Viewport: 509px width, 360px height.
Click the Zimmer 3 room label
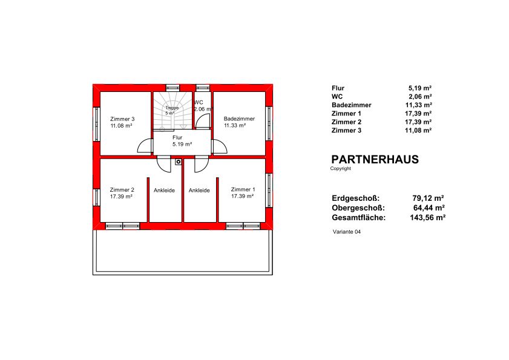122,119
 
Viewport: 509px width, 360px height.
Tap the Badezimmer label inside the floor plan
239,119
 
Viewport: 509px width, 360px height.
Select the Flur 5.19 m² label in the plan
182,141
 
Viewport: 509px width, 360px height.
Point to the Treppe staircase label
172,108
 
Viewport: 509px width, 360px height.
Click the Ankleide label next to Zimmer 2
164,190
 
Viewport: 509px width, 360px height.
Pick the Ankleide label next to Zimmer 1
199,190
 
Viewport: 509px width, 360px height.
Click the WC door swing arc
203,121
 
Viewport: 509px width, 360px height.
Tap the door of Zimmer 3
145,146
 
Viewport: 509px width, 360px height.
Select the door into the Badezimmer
220,146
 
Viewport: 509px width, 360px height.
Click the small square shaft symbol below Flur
178,162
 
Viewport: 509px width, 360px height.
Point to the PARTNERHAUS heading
375,159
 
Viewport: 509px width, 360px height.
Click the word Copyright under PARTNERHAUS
341,168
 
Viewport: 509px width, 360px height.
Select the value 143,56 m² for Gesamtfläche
427,217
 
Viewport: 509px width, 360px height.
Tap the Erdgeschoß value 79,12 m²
428,198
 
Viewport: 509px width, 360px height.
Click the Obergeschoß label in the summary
358,208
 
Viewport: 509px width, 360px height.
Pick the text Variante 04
347,232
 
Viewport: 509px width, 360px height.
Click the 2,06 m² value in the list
420,96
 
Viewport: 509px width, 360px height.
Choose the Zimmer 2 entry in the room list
346,122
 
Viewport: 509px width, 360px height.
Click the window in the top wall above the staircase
172,88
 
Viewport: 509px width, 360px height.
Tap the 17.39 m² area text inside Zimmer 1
243,196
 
